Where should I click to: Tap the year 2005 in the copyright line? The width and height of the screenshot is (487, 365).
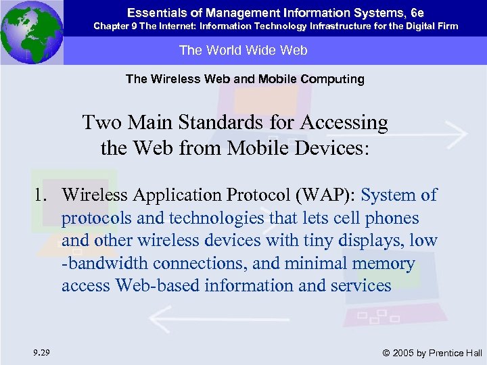[x=404, y=352]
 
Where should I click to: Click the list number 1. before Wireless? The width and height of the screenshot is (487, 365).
[x=45, y=195]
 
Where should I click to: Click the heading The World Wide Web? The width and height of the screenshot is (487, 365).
[x=243, y=50]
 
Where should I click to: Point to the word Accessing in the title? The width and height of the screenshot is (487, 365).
[x=344, y=123]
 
